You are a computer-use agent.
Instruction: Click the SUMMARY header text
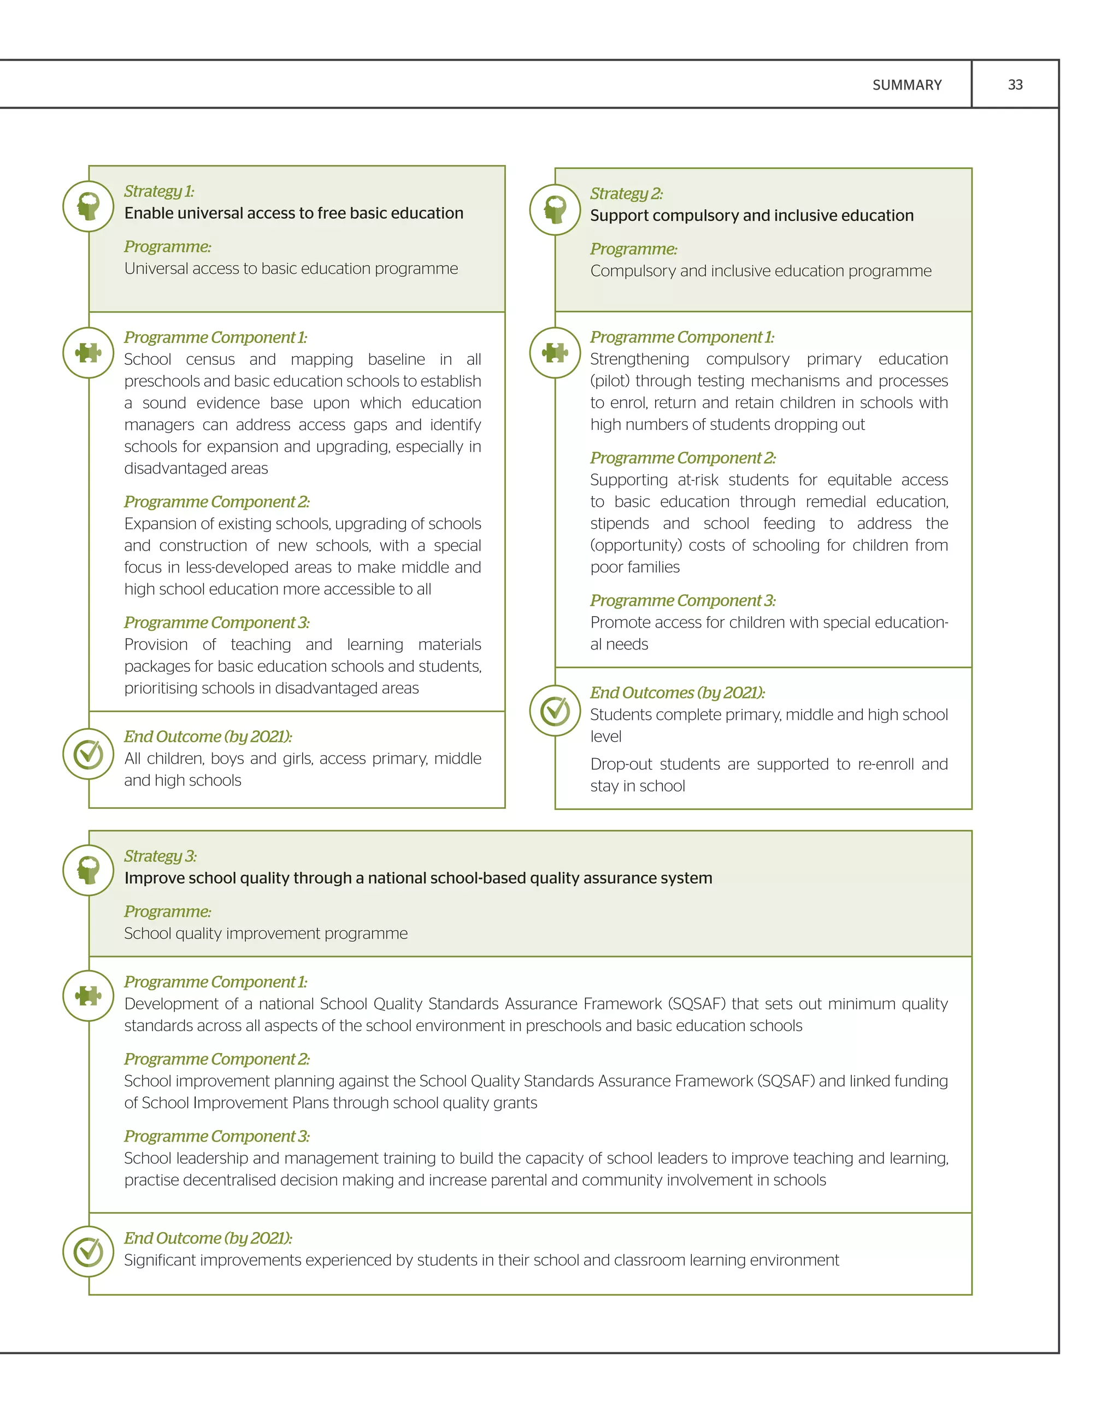tap(907, 85)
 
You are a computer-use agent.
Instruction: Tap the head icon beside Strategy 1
tap(89, 206)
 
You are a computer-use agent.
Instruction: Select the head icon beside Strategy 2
tap(555, 210)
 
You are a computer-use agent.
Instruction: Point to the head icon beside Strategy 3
tap(89, 870)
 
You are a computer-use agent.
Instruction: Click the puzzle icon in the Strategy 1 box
tap(89, 353)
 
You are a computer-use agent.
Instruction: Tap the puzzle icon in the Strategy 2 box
tap(555, 353)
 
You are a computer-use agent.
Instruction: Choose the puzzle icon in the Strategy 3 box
tap(89, 996)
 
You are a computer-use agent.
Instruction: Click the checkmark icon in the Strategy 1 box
tap(89, 754)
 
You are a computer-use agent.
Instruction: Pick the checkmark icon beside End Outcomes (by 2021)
tap(555, 711)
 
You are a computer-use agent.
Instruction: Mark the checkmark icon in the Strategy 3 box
tap(89, 1251)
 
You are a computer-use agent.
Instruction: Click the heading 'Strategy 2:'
tap(626, 194)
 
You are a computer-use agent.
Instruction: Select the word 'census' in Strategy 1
tap(210, 359)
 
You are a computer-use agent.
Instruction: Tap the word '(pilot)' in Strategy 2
tap(609, 381)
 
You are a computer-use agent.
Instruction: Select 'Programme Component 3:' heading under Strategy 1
tap(217, 623)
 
